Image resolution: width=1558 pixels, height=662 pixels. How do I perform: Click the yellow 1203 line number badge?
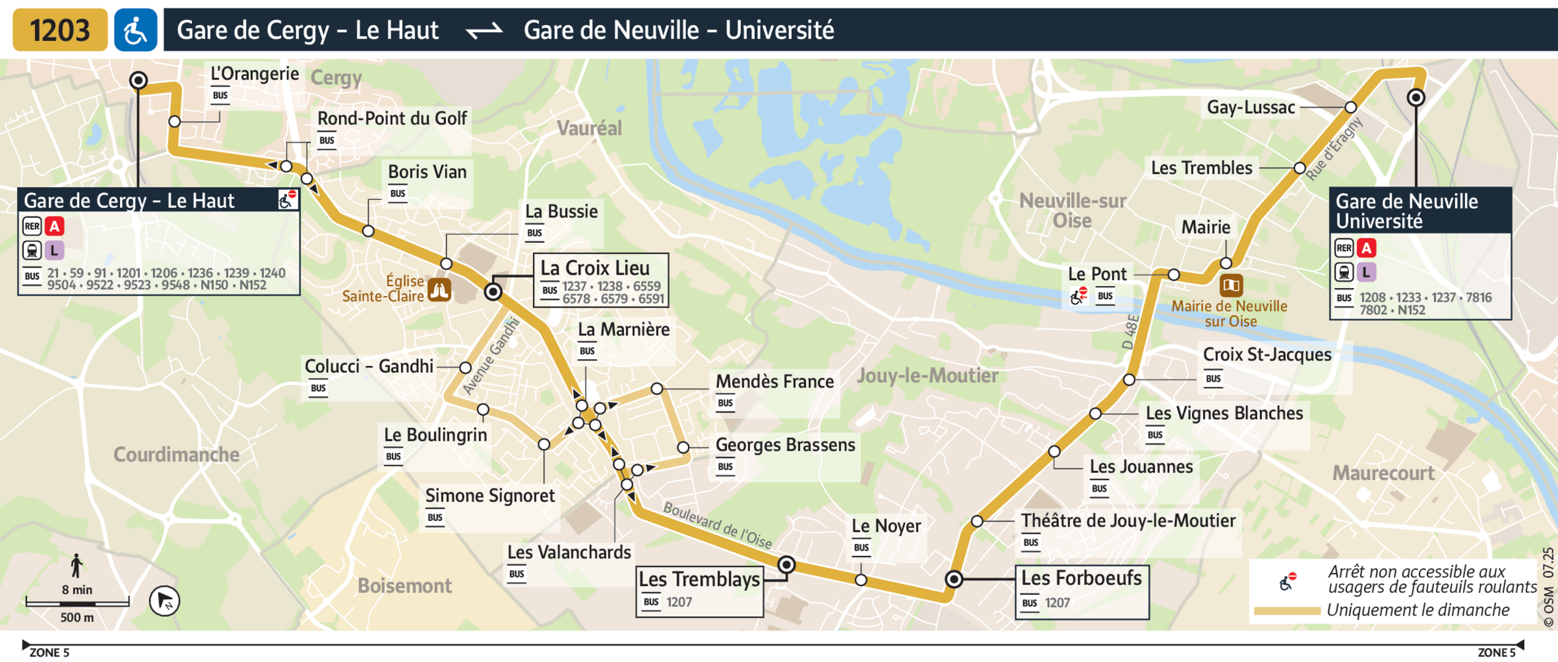click(x=59, y=30)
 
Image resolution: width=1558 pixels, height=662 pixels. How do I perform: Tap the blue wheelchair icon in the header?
click(x=136, y=30)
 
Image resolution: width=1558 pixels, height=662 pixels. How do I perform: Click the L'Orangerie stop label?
click(x=254, y=74)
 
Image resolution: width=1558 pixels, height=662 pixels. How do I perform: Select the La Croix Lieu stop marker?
click(x=493, y=292)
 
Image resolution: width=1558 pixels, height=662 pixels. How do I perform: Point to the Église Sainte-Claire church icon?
click(x=440, y=290)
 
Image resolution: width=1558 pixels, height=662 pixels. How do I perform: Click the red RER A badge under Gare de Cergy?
click(x=55, y=227)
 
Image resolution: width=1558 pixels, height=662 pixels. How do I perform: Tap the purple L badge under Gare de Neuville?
click(x=1366, y=272)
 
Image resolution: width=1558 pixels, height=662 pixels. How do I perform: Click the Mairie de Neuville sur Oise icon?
click(x=1231, y=285)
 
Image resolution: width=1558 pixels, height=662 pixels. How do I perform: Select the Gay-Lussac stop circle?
click(x=1351, y=107)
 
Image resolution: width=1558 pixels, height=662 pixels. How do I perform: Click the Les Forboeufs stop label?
click(x=1081, y=578)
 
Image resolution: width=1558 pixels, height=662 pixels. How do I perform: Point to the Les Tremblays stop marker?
click(x=786, y=565)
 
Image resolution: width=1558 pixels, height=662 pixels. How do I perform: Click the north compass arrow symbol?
click(x=164, y=601)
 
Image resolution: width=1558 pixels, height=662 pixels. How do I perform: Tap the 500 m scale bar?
click(x=77, y=604)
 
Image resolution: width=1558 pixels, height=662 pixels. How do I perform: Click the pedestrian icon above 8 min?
click(x=77, y=566)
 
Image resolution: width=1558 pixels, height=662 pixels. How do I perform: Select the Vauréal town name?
click(x=589, y=128)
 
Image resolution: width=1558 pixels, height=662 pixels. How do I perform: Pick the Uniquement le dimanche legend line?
click(x=1286, y=611)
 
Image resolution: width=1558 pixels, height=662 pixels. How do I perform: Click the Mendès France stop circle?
click(x=657, y=389)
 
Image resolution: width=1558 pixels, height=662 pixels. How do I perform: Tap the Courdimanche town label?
click(x=176, y=455)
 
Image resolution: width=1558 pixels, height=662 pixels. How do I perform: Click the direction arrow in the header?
click(x=484, y=30)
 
